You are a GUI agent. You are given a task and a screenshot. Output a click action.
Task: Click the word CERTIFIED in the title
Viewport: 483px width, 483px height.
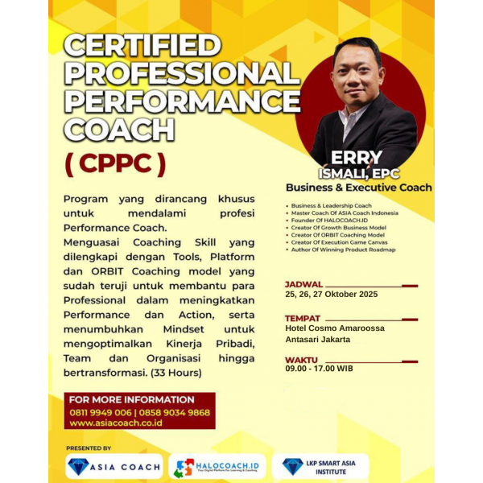tap(142, 45)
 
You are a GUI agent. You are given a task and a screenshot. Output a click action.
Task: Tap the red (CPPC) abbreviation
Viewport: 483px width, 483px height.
tap(115, 163)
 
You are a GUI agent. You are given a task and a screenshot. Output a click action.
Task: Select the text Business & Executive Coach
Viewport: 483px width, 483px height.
tap(358, 188)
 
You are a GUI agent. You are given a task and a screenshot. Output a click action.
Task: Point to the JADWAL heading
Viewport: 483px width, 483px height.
tap(303, 284)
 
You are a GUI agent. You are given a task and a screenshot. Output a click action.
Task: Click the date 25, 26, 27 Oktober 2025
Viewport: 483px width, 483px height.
tap(331, 295)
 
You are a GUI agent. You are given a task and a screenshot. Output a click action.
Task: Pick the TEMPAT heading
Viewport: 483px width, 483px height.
tap(303, 318)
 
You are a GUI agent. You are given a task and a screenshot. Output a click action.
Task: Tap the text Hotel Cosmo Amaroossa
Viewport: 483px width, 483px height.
tap(335, 328)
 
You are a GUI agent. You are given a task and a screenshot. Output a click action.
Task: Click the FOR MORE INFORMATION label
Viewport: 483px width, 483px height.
tap(132, 400)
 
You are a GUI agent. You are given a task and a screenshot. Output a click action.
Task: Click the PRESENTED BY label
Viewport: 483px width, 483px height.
tap(89, 448)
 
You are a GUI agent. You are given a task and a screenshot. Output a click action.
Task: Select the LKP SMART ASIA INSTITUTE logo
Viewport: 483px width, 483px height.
tap(320, 467)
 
